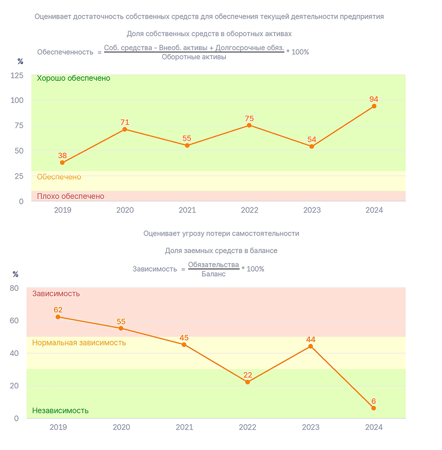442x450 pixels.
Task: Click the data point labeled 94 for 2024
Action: point(374,106)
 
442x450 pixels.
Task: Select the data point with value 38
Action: point(62,163)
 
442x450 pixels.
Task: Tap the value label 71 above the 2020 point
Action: point(125,122)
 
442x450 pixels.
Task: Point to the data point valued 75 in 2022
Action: point(249,126)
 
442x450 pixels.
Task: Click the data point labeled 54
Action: point(312,147)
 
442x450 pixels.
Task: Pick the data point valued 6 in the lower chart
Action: point(373,408)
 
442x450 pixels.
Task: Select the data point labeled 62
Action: point(58,317)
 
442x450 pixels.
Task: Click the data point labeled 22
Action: point(247,382)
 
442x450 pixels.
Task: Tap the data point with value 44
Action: point(311,347)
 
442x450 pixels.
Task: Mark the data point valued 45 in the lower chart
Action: point(184,345)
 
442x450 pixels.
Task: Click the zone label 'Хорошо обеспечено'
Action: point(73,78)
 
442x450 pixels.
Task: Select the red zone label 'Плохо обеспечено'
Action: point(70,197)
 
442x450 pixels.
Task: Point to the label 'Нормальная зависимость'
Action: point(79,342)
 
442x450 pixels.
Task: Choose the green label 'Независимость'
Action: point(60,410)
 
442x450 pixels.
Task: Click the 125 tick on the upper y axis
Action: point(17,76)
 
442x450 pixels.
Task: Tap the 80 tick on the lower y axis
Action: point(14,288)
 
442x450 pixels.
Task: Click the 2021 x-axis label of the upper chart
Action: point(187,210)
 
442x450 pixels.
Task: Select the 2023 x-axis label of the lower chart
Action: point(311,427)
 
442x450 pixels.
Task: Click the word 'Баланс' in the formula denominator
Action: point(213,274)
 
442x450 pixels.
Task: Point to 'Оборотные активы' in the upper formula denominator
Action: point(194,57)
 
